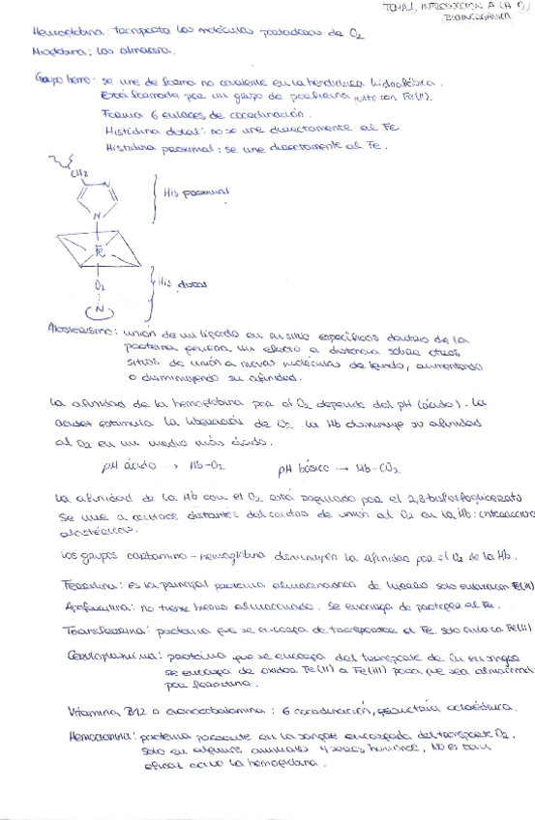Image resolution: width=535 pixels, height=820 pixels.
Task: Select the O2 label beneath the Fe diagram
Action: tap(99, 287)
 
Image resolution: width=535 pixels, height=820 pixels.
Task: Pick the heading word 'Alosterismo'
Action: tap(77, 330)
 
